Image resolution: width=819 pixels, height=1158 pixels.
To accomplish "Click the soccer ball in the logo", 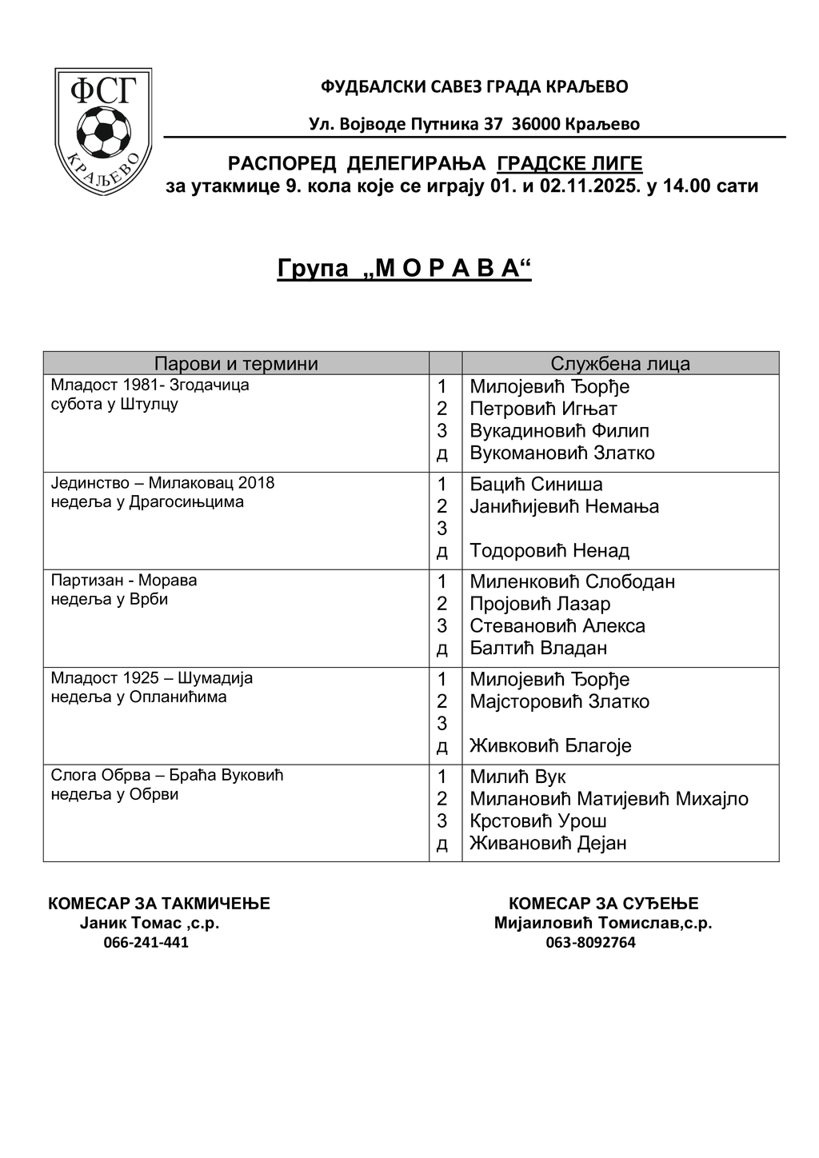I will coord(103,133).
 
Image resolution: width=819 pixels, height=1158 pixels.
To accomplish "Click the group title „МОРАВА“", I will coord(404,269).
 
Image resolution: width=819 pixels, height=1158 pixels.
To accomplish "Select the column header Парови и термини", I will coord(236,364).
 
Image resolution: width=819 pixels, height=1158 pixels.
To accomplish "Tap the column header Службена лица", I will coord(620,364).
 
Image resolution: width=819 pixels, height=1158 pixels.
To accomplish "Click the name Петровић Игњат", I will coord(543,409).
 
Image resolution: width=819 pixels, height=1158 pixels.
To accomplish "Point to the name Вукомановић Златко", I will coord(561,453).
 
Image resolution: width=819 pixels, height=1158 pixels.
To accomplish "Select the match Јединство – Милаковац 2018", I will coord(162,483).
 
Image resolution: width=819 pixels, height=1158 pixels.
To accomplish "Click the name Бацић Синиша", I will coord(536,485).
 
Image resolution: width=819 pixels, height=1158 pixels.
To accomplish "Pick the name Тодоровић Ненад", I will coord(549,551).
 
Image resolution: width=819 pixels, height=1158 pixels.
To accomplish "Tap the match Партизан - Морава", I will coord(124,581).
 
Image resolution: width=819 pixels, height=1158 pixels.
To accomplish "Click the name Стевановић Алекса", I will coord(557,626).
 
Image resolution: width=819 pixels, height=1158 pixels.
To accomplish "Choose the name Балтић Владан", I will coord(538,648).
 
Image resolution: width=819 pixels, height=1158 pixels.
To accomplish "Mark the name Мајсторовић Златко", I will coord(559,702).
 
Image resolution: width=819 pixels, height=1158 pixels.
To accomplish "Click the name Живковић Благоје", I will coord(550,746).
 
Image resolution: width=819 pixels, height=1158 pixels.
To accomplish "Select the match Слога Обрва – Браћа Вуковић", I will coord(167,776).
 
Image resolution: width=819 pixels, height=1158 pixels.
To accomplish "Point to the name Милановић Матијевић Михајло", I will coord(609,799).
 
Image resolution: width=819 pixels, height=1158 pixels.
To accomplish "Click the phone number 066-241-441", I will coord(146,942).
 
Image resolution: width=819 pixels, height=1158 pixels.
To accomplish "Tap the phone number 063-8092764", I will coord(591,943).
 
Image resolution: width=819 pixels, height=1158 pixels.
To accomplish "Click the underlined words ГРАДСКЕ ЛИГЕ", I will coord(569,164).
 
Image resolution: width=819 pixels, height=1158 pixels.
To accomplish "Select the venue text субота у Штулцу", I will coord(114,404).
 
